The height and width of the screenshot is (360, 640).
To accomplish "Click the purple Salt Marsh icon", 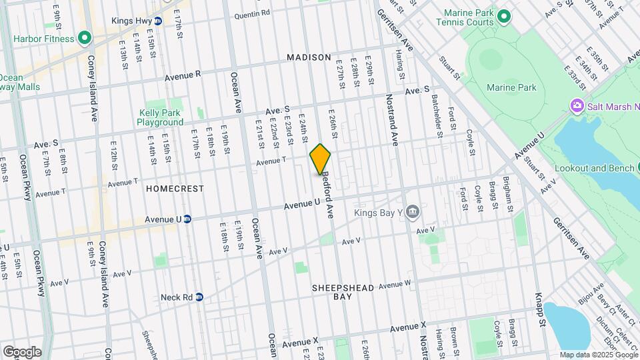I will point(576,105).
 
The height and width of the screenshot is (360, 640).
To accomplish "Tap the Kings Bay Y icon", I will point(413,213).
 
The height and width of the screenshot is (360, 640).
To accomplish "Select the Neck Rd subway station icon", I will point(199,297).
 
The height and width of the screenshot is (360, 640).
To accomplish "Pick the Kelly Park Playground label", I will point(160,117).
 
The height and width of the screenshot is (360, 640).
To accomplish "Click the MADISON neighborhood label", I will point(309,58).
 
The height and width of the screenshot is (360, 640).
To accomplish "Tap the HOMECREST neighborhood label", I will point(175,189).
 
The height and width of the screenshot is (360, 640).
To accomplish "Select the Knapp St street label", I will point(540,310).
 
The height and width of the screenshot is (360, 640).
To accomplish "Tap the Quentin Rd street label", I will point(252,13).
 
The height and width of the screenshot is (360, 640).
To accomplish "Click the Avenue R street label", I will point(181,75).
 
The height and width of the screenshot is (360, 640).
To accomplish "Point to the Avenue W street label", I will point(395,285).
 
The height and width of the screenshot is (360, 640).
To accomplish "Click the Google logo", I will point(22,351).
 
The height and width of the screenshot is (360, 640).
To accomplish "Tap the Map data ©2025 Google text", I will point(599,355).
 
